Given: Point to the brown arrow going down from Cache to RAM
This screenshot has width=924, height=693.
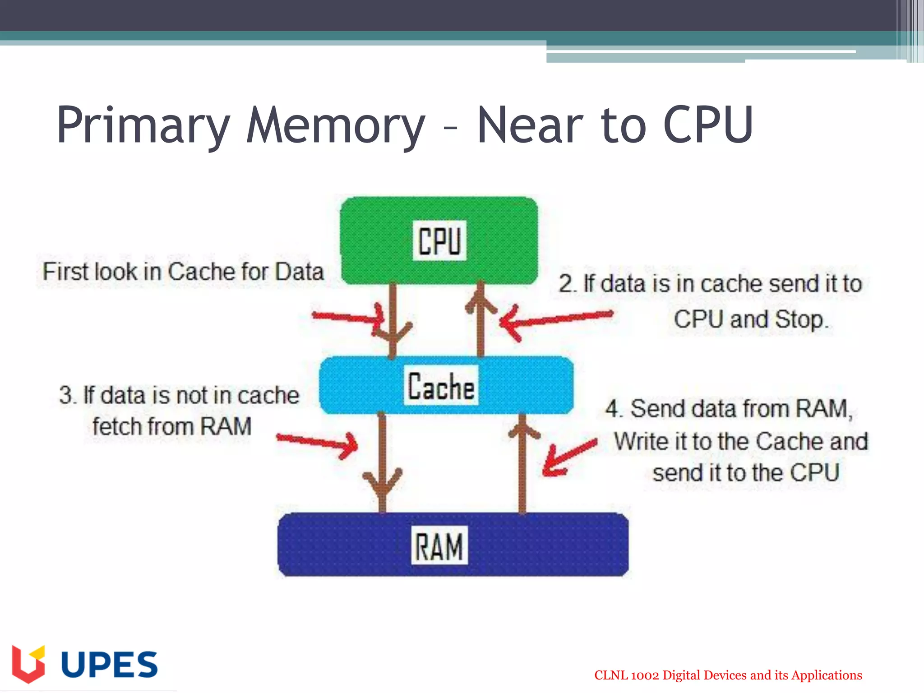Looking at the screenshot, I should (382, 460).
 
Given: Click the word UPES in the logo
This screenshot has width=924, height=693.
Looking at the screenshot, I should (109, 665).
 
